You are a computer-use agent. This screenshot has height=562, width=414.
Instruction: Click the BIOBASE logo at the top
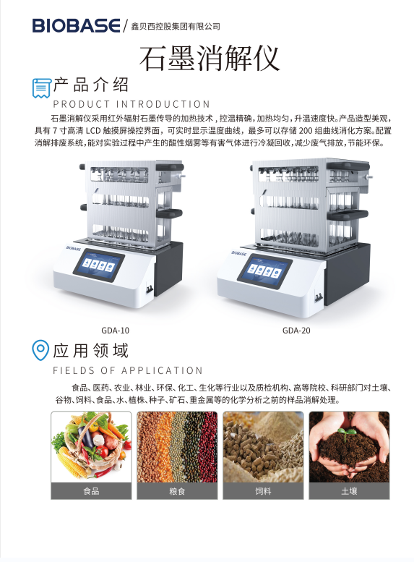[77, 25]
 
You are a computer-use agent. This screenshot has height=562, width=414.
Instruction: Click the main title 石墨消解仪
[209, 59]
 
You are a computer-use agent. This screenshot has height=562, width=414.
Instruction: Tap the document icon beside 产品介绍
[41, 88]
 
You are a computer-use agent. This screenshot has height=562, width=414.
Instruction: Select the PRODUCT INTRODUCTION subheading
[131, 104]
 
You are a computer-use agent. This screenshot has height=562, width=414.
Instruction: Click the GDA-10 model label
[116, 331]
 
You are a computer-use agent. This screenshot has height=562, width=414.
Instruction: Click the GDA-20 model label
[296, 331]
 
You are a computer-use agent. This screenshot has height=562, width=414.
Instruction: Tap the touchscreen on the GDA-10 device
[99, 265]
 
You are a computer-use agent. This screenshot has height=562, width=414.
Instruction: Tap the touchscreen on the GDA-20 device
[264, 270]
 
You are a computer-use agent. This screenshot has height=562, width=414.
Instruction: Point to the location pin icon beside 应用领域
[40, 350]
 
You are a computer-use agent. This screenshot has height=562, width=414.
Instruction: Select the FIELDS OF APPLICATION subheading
[128, 370]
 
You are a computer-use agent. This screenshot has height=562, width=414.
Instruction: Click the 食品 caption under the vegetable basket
[91, 491]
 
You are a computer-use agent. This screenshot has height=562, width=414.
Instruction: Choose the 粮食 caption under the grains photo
[177, 491]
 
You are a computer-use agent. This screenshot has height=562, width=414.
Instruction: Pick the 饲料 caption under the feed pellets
[263, 491]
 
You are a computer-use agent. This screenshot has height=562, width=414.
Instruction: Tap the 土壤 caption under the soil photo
[349, 491]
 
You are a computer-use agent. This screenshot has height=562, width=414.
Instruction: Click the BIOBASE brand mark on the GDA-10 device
[74, 248]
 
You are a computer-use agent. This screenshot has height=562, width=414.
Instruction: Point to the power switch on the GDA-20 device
[318, 297]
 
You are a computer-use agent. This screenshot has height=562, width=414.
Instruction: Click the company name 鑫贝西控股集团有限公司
[175, 26]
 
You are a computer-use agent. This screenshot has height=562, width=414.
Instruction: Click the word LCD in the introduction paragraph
[93, 130]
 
